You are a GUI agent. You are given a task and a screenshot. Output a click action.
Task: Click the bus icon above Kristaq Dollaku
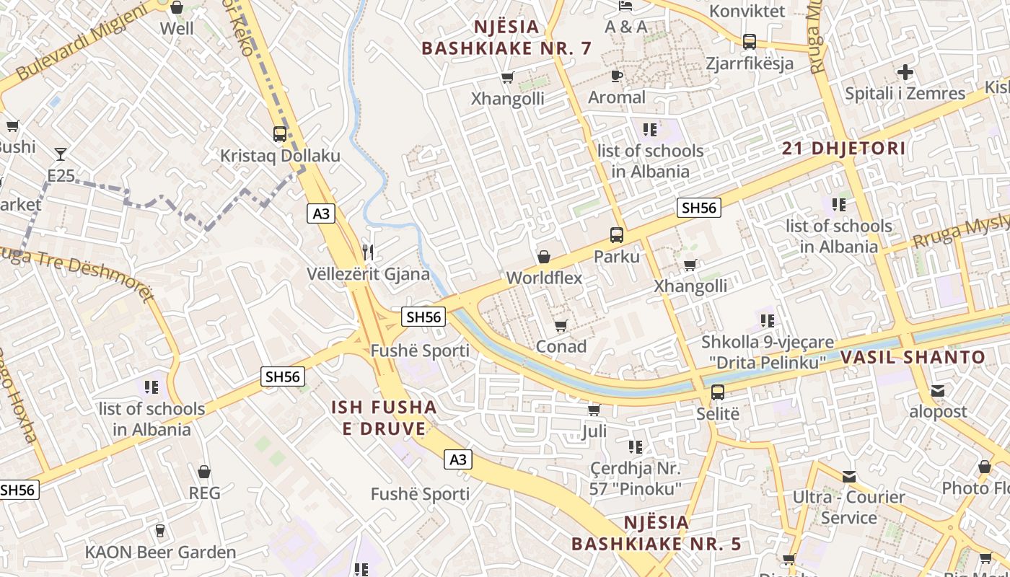point(279,133)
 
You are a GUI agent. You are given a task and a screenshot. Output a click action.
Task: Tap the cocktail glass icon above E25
point(61,154)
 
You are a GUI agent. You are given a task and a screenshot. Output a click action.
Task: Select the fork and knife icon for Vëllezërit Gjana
point(369,252)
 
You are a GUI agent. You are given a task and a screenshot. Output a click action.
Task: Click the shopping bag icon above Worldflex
point(544,257)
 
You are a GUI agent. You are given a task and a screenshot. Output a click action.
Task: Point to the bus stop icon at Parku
point(617,234)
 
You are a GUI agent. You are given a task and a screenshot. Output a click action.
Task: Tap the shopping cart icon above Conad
point(561,325)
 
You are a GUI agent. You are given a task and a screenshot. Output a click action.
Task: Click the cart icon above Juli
point(594,410)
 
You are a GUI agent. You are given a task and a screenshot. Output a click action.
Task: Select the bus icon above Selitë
point(718,392)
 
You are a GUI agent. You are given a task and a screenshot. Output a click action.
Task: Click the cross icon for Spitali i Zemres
point(905,72)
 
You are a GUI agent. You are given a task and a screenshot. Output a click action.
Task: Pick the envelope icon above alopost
point(938,391)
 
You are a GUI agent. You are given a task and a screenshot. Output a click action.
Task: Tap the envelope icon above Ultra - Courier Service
point(849,476)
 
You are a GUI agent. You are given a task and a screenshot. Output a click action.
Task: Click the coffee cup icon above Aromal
point(617,76)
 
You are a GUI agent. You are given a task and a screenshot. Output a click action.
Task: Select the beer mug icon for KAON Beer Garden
point(160,531)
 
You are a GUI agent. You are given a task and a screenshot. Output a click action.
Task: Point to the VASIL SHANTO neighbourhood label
point(912,357)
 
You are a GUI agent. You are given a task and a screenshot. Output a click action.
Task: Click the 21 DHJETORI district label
point(843,149)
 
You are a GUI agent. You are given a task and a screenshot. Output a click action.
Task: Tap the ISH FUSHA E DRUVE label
point(384,418)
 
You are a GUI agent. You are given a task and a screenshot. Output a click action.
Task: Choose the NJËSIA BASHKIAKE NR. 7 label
point(506,38)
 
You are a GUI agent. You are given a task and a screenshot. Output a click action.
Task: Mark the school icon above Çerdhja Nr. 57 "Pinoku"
point(636,447)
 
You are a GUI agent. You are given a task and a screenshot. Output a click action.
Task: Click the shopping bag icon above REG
point(204,472)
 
